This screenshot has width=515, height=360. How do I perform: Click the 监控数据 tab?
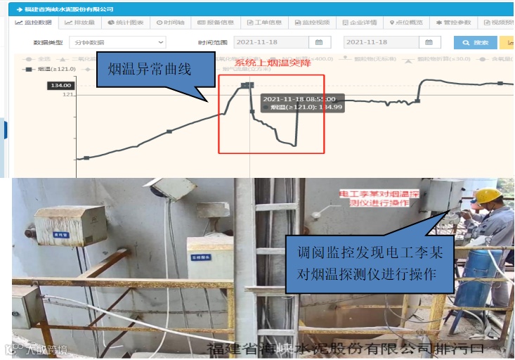tap(34, 22)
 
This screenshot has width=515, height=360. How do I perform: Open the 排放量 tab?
tap(82, 22)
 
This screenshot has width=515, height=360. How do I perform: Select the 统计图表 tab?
tap(126, 22)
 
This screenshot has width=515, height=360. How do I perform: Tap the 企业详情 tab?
tap(358, 22)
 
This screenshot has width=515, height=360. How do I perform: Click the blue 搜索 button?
tap(475, 43)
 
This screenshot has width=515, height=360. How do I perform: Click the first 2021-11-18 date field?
tap(270, 42)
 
